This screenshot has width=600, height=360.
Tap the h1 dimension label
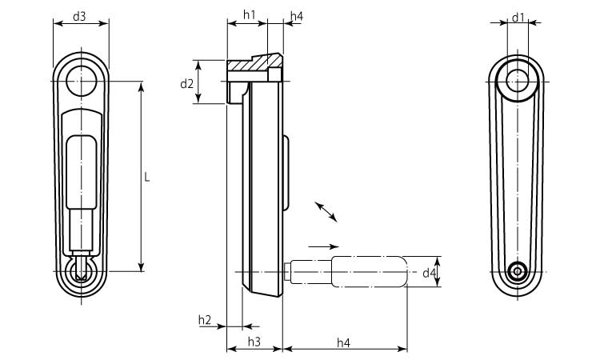(248, 15)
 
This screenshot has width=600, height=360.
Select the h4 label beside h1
(296, 15)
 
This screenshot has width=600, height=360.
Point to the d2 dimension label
(186, 83)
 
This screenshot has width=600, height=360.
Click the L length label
(147, 177)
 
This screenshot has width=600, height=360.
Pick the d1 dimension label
(518, 17)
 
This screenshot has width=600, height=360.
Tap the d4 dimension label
(430, 273)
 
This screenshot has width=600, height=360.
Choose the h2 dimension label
(205, 320)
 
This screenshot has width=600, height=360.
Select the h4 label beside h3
(343, 342)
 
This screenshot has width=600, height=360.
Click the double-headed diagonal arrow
(326, 211)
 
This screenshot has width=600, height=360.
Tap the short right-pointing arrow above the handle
(324, 246)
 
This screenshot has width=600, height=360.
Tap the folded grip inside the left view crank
(80, 170)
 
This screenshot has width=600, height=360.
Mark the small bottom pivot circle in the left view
(79, 272)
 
